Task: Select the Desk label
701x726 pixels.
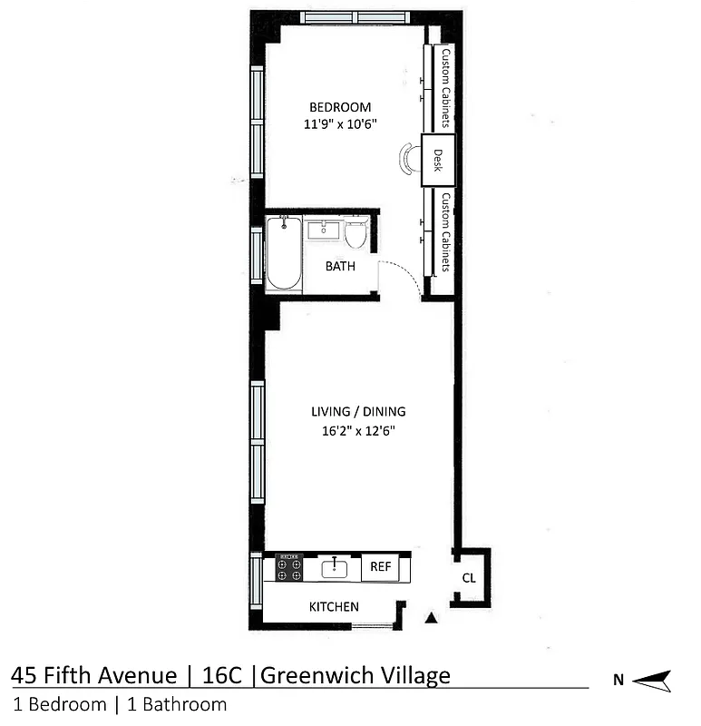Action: [x=437, y=160]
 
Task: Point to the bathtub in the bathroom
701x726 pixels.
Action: [x=283, y=252]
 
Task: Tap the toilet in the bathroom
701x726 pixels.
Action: [x=355, y=233]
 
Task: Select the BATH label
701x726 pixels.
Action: [x=340, y=267]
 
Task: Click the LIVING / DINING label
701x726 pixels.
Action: [x=356, y=411]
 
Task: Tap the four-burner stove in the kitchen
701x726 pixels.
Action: [x=289, y=568]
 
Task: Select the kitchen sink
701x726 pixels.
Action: [x=334, y=568]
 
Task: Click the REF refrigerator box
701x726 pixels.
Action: [x=380, y=567]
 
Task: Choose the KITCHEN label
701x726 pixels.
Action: [x=334, y=606]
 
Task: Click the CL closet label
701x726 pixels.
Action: [x=468, y=577]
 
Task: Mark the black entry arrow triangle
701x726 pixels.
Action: [x=432, y=618]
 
